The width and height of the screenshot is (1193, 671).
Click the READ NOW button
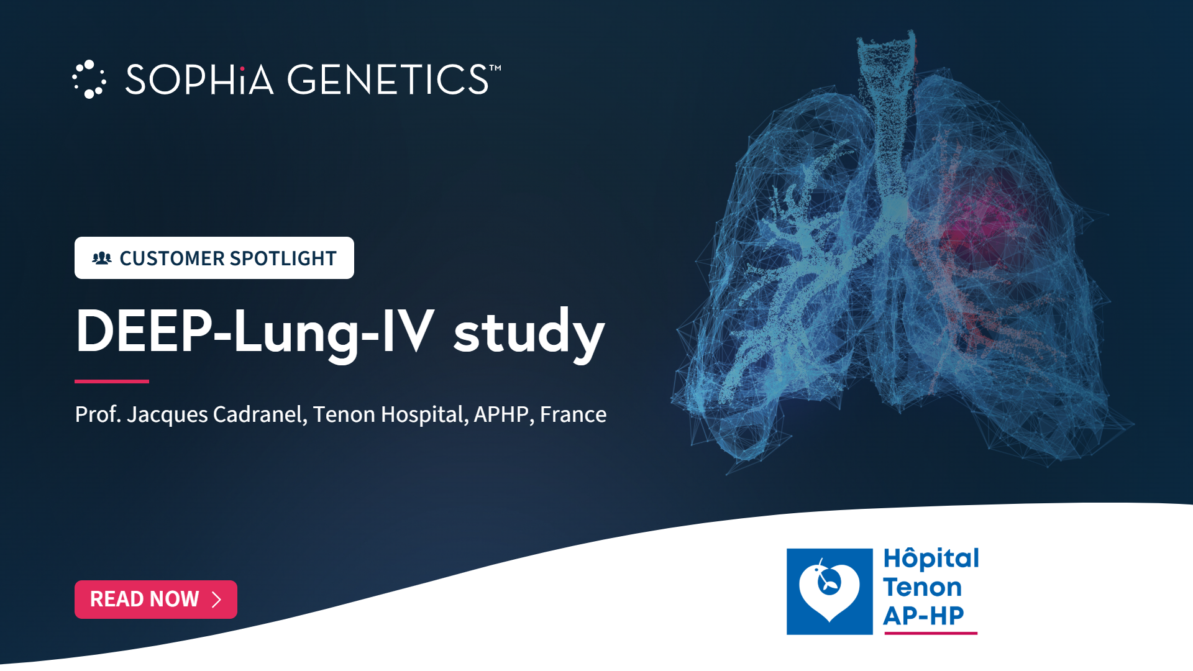(x=156, y=600)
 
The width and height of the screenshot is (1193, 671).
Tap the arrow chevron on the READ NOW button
(x=216, y=600)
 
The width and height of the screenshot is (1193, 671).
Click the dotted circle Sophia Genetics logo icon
(x=89, y=80)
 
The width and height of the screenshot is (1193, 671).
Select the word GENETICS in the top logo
(x=388, y=80)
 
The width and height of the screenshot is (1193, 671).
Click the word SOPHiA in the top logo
(x=199, y=80)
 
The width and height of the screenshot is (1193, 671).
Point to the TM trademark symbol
(x=495, y=68)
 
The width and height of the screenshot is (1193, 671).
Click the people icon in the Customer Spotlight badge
(x=102, y=258)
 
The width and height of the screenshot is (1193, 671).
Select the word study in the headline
(x=529, y=332)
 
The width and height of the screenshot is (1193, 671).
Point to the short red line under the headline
(x=112, y=381)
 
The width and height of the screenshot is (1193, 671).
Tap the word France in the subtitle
(x=573, y=414)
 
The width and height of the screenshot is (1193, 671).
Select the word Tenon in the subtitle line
(x=344, y=414)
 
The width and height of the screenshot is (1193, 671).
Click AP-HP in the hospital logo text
(x=923, y=616)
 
